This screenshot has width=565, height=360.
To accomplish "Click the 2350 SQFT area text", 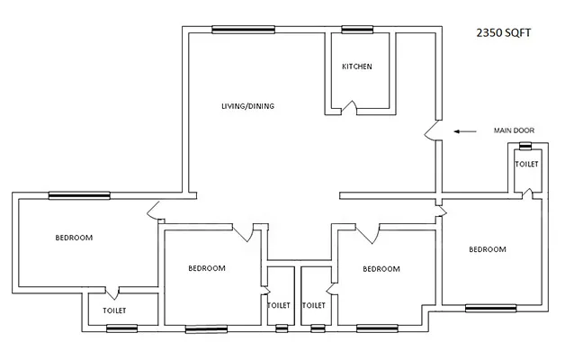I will coord(506,34).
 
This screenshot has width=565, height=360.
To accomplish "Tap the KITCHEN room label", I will coord(356,67).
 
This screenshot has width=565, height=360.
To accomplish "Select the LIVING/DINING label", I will coord(247,106).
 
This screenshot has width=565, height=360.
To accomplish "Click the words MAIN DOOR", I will coord(514,131).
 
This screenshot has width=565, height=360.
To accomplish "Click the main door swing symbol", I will coord(434,132).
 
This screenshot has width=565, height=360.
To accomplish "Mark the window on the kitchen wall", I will coord(356,30).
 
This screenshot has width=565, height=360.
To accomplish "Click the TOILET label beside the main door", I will coord(526,165).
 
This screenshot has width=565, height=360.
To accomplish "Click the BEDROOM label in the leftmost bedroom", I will coord(74,238).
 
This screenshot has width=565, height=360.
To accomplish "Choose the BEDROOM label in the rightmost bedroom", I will coord(487,249).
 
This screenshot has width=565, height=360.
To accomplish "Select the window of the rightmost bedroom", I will coord(489,309).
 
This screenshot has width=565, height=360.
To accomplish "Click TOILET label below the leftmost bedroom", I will coord(114,310).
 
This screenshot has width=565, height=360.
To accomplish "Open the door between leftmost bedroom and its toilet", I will coord(112,292).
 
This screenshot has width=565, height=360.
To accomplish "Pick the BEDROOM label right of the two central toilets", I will coord(381,269).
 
